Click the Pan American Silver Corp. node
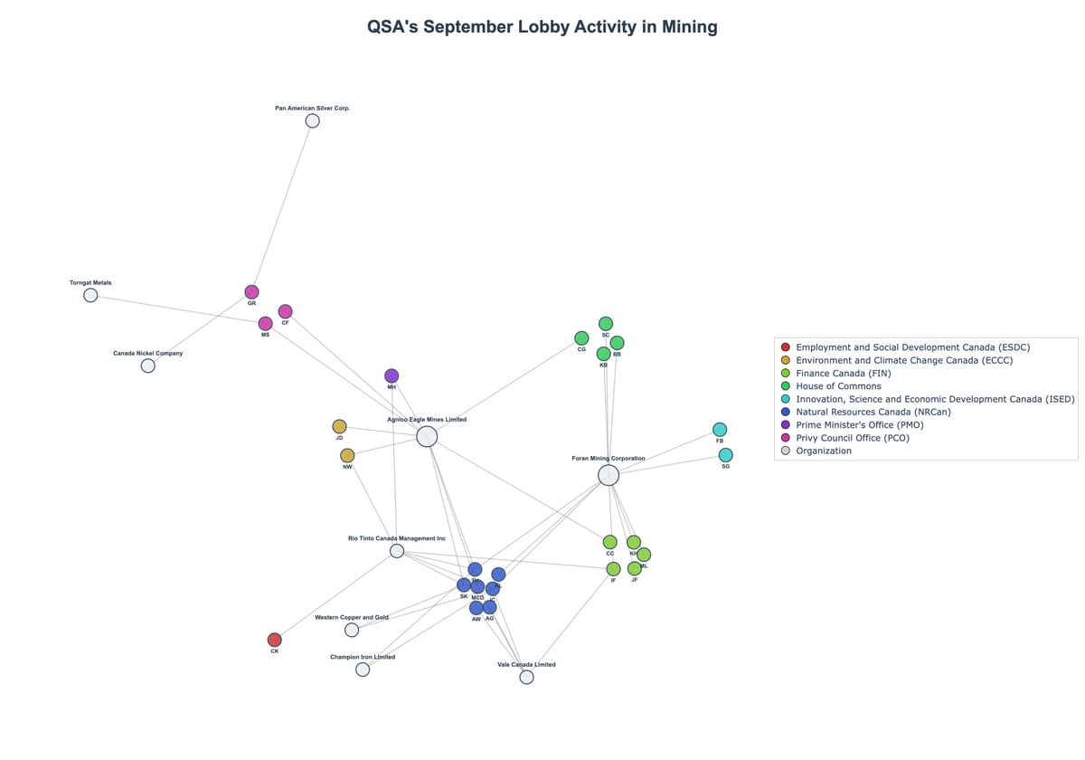click(312, 120)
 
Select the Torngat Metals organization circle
click(90, 295)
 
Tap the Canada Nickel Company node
click(148, 366)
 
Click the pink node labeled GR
click(251, 291)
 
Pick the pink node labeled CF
click(285, 311)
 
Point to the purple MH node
click(392, 375)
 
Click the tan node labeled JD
click(339, 426)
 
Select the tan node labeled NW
click(347, 455)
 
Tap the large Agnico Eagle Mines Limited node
click(427, 437)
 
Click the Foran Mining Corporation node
click(609, 475)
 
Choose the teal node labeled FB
click(720, 429)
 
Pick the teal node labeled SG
click(725, 455)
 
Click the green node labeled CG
click(581, 338)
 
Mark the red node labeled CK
click(275, 640)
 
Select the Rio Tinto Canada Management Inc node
click(397, 551)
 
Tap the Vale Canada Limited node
click(526, 677)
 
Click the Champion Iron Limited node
click(363, 670)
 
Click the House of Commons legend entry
click(837, 386)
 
